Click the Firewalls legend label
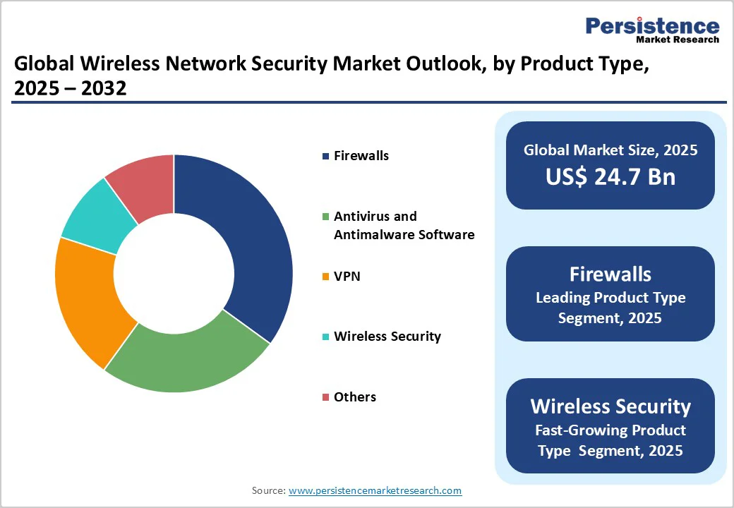point(361,156)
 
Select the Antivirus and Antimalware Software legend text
point(404,225)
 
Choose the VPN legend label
point(347,276)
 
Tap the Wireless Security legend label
point(387,337)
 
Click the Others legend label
point(355,397)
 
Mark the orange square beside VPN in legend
point(325,277)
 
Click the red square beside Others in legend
point(325,398)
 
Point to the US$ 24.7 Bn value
point(610,176)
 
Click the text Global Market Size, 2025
point(610,150)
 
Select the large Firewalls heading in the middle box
point(610,274)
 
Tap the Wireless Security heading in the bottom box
point(610,406)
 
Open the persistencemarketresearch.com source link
point(375,490)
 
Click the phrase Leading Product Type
point(610,298)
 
